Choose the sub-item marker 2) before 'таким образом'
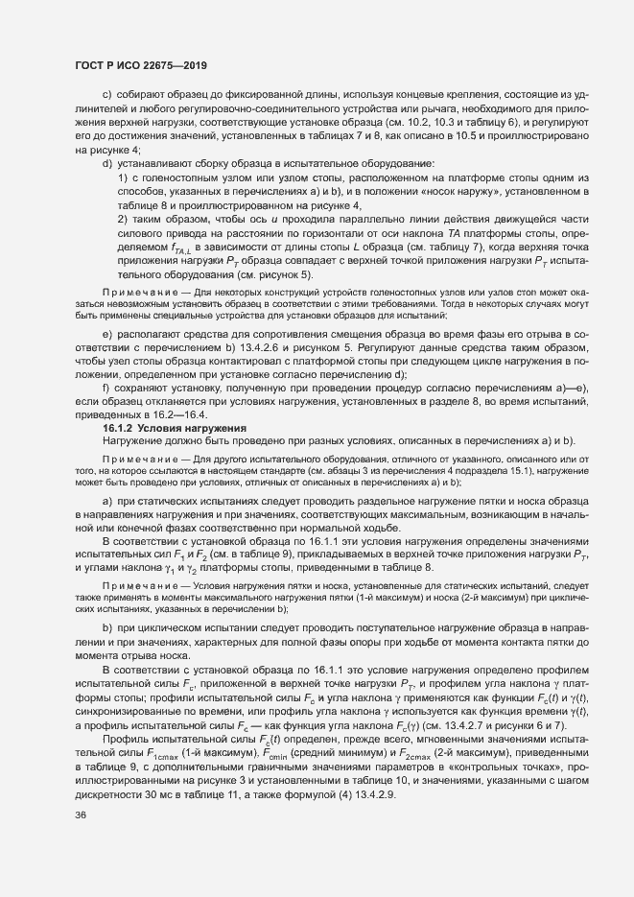coord(123,220)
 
